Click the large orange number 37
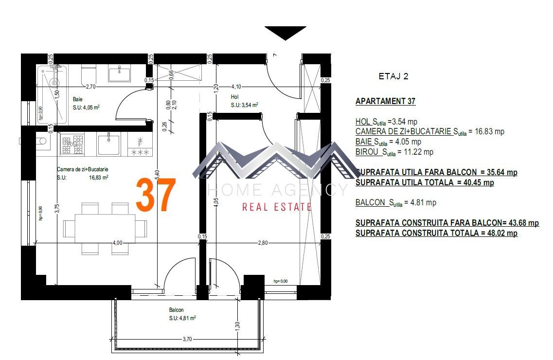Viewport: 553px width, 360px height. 155,195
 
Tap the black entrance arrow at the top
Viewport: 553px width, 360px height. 285,32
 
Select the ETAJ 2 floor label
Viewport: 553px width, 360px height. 393,76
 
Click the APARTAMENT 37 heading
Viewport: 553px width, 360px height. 385,101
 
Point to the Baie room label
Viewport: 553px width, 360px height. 78,99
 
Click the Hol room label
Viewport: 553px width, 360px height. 235,97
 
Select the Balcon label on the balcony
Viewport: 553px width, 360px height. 176,310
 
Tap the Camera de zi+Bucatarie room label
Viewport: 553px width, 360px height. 82,169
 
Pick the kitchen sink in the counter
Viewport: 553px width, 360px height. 108,144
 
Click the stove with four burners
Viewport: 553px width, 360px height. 72,144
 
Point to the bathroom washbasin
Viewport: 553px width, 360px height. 119,74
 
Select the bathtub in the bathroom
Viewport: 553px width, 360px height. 51,95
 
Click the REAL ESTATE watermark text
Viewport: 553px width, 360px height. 277,207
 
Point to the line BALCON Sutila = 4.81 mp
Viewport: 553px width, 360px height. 395,203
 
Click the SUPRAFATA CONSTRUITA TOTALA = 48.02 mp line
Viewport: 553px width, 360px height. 436,233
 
